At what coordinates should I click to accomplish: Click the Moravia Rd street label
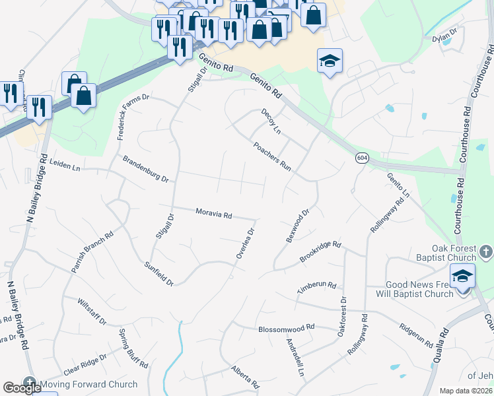tap(214, 214)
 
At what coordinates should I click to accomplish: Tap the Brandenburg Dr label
tap(146, 169)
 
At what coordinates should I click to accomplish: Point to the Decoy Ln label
tap(271, 122)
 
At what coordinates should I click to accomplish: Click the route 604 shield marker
tap(362, 158)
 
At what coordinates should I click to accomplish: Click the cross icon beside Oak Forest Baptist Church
tap(485, 251)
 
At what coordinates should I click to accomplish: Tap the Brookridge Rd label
tap(320, 252)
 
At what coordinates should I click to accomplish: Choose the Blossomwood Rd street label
tap(287, 327)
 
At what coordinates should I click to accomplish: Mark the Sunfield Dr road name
tap(159, 273)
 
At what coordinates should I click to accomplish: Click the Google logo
tap(22, 388)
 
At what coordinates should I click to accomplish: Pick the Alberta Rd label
tap(244, 376)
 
